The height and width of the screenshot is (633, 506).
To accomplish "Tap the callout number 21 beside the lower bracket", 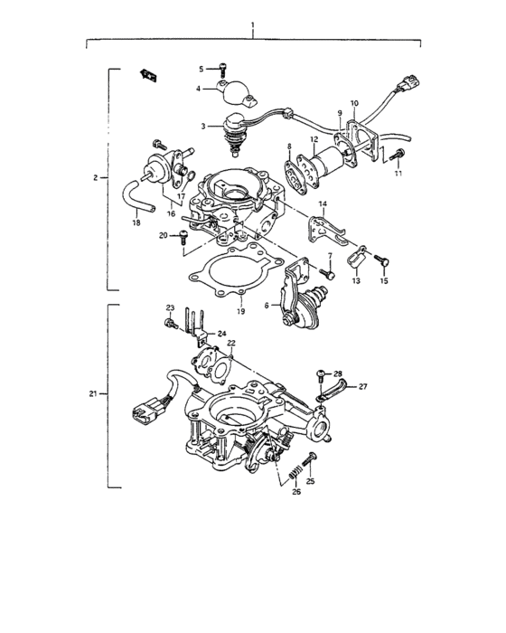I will pyautogui.click(x=96, y=395).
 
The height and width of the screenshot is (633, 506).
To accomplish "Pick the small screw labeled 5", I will pyautogui.click(x=221, y=68).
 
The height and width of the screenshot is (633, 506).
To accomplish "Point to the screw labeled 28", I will pyautogui.click(x=322, y=373).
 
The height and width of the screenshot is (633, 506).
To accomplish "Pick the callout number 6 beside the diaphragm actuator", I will pyautogui.click(x=267, y=307).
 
